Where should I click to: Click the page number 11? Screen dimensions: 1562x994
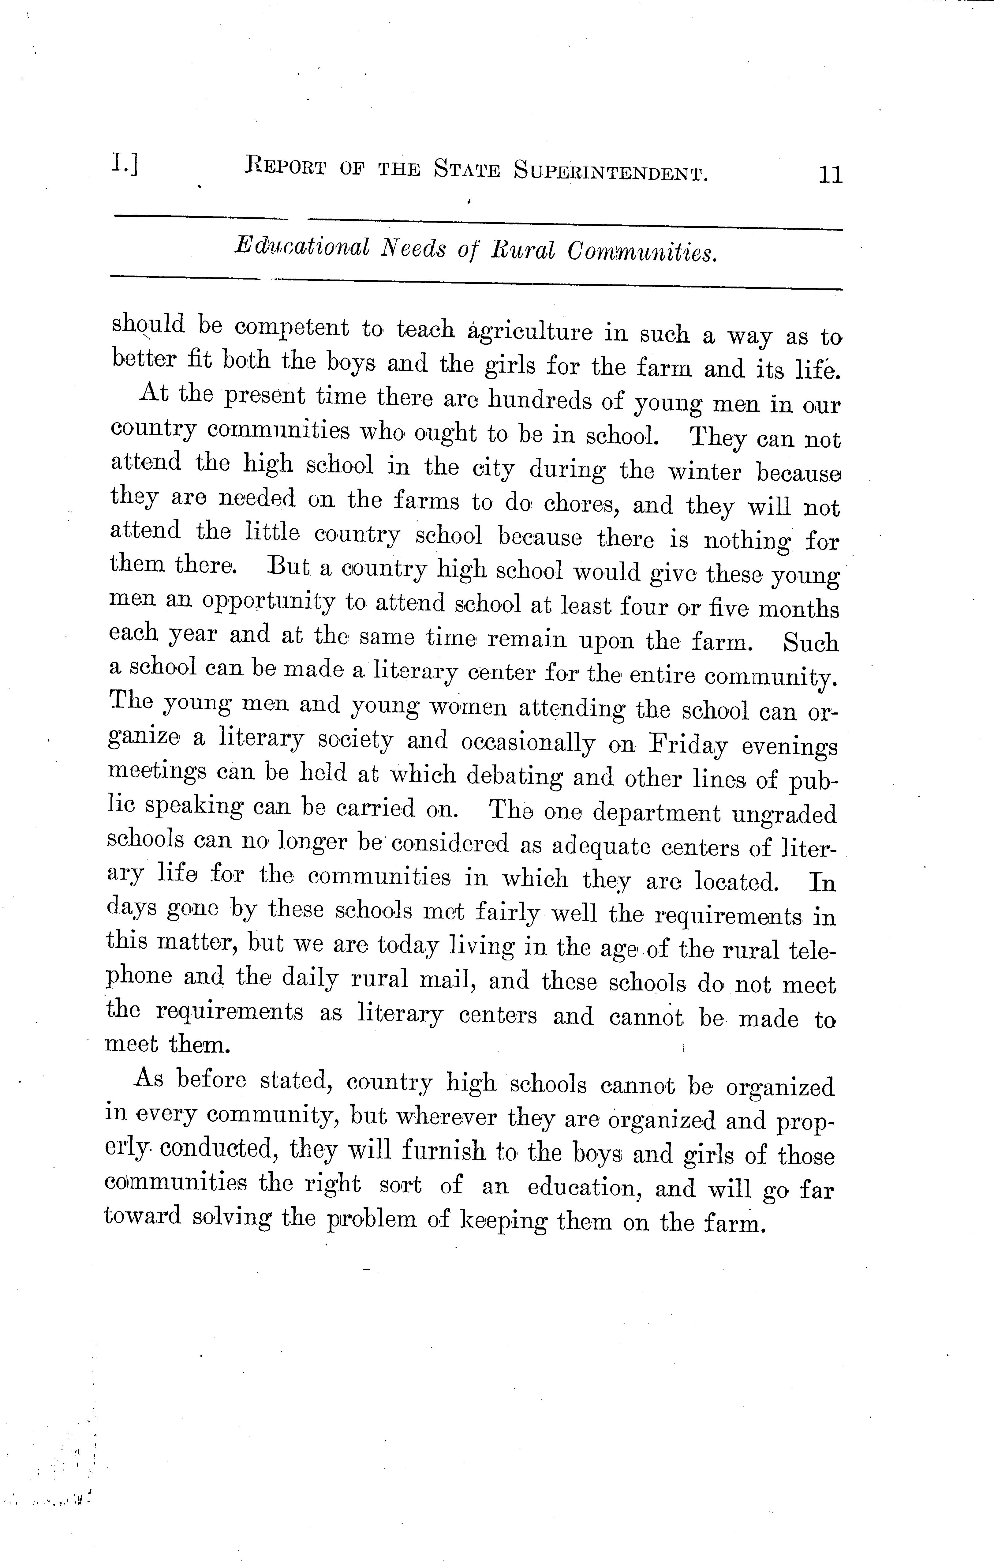point(830,175)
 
